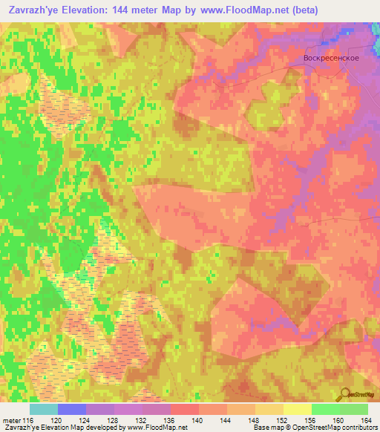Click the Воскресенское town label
click(x=332, y=58)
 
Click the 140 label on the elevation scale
click(x=199, y=420)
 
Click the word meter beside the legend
click(x=10, y=420)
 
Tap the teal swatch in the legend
click(x=44, y=409)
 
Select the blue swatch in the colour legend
click(x=72, y=409)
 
